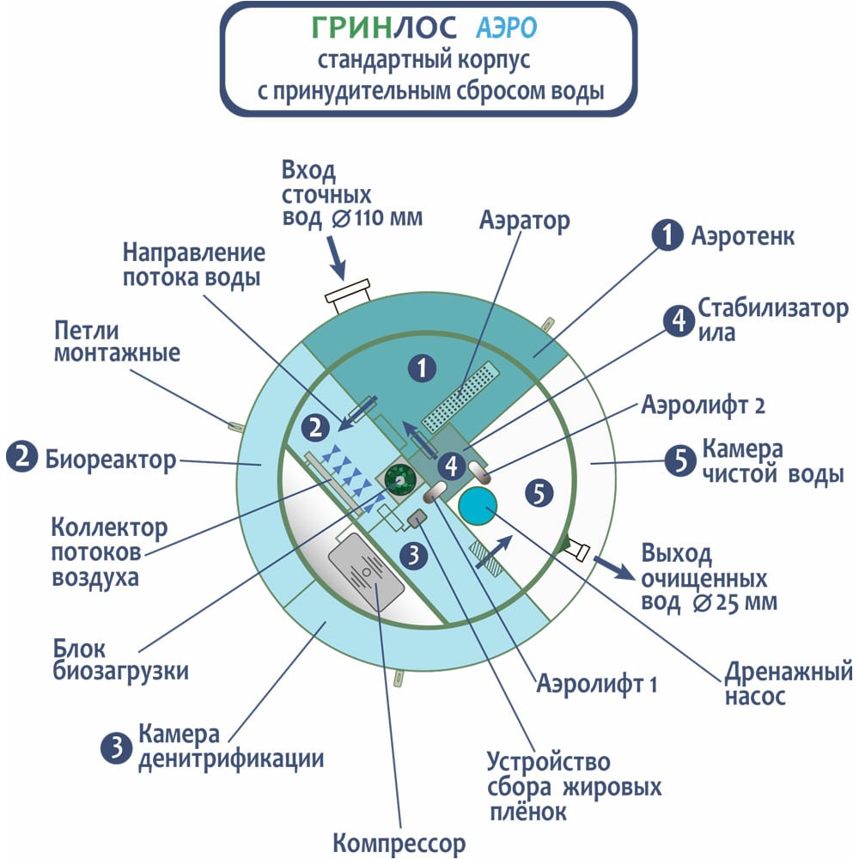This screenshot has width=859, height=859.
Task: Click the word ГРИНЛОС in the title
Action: tap(383, 27)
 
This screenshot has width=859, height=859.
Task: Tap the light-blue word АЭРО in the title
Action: tap(506, 28)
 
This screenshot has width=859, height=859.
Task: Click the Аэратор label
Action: tap(524, 221)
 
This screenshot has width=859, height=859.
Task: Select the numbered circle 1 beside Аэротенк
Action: tap(667, 235)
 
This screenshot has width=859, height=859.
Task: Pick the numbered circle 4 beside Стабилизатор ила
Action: tap(679, 320)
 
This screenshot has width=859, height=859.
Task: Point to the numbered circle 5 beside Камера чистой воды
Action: tap(680, 460)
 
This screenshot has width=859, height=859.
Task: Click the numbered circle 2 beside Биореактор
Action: tap(22, 458)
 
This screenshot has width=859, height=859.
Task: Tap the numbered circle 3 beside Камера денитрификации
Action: tap(116, 747)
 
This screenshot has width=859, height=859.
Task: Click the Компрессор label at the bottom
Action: tap(399, 844)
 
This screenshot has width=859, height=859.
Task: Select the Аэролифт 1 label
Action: tap(597, 684)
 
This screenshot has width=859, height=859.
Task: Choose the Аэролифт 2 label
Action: tap(703, 405)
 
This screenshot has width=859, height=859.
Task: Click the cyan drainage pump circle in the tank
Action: tap(478, 506)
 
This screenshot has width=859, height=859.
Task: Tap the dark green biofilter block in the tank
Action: tap(399, 480)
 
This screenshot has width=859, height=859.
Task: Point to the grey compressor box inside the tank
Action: tap(366, 571)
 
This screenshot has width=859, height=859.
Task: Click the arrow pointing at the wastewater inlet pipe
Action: tap(337, 258)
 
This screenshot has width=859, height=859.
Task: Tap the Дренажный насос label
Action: tap(789, 684)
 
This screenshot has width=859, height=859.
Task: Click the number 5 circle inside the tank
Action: tap(539, 492)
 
